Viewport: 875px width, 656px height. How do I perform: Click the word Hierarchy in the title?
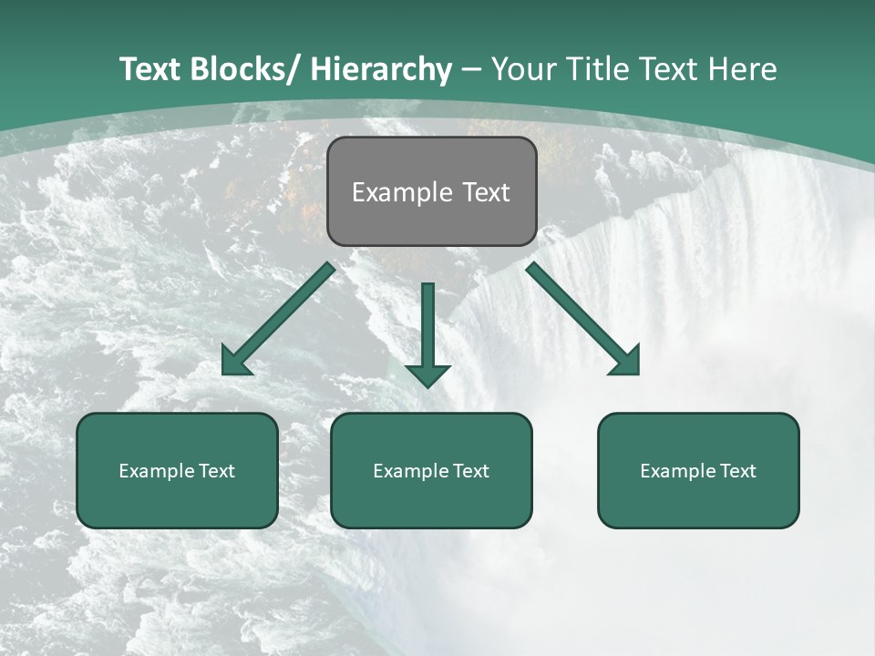[x=381, y=69]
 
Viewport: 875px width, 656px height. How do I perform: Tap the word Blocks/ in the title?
[x=245, y=69]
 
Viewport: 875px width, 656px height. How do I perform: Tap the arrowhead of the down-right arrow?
[x=627, y=362]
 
